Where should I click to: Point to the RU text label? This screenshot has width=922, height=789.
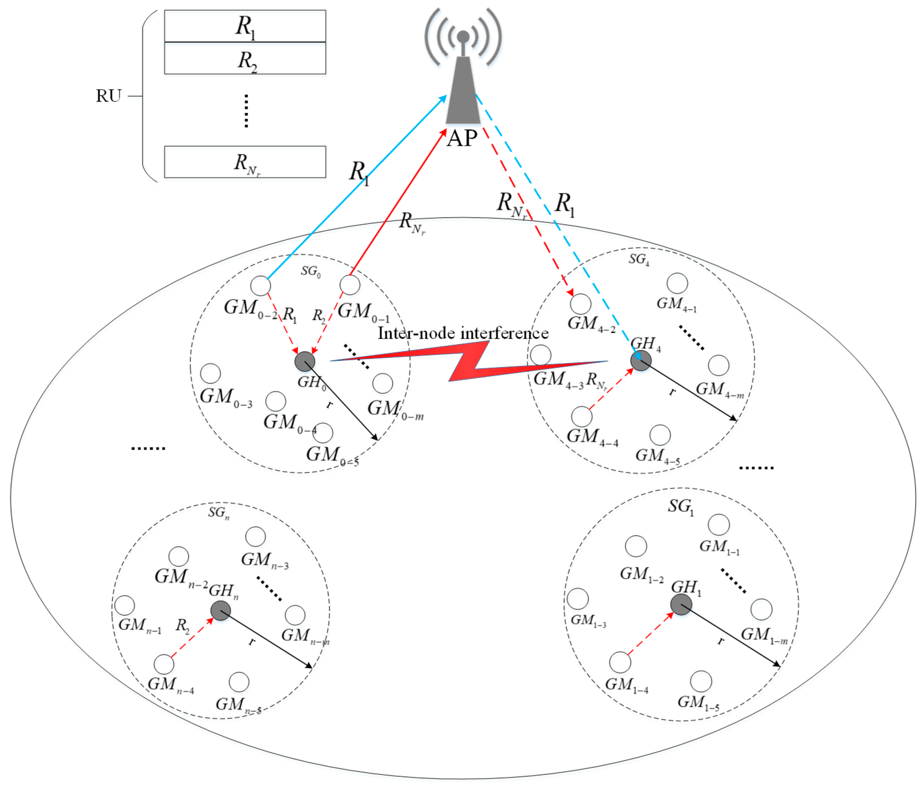point(108,96)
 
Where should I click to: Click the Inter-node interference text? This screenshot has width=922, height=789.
point(463,333)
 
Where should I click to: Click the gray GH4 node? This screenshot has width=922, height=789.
point(641,361)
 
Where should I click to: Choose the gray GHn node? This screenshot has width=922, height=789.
point(220,611)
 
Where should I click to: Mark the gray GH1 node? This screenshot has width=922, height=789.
point(681,604)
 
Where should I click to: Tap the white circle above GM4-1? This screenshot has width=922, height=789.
point(677,283)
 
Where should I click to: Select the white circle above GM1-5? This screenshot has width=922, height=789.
point(701,681)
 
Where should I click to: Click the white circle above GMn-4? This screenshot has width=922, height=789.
point(164,664)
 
